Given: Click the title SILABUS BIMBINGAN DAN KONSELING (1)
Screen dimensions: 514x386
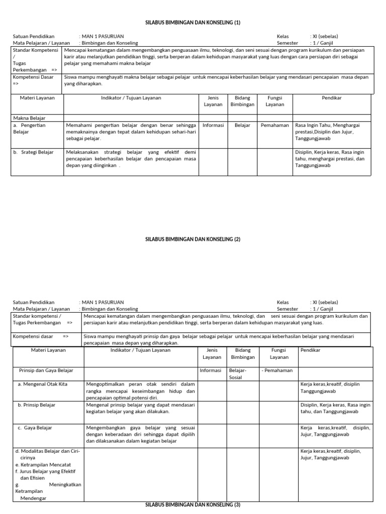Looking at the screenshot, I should coord(193,23).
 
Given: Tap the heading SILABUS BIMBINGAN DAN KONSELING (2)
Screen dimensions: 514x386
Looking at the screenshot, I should coord(193,239).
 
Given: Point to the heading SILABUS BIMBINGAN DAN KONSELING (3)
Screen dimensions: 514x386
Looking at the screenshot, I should coord(193,504).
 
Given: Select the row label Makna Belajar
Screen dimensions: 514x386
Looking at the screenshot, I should coord(30,118).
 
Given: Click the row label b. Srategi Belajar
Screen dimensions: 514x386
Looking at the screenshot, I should coord(34,152).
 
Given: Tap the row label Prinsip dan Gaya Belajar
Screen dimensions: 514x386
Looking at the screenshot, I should coord(46,370).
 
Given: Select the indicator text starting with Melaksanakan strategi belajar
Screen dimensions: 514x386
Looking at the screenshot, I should coord(131,158).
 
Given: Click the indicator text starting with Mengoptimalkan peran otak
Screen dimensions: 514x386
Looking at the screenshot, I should coord(140,391).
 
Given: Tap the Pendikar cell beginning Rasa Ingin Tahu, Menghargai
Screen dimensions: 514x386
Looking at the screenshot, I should coord(330,132).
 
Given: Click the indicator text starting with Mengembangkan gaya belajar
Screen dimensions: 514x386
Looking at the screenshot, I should coord(140,434).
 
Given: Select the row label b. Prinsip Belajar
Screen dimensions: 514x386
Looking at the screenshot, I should coord(37,405).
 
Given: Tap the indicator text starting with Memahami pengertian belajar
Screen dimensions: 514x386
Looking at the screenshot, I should coord(131,132).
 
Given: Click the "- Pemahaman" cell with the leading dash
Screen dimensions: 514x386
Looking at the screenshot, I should coord(276,370).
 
